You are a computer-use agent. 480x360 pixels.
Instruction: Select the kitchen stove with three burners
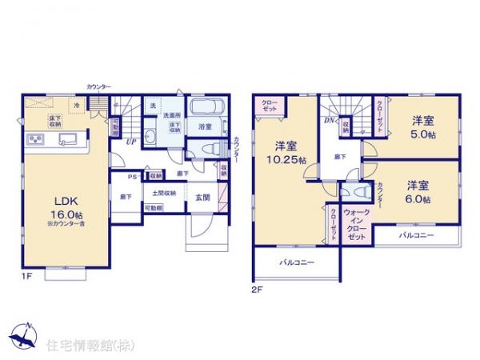(37, 141)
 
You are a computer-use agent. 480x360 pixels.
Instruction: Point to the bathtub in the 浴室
(206, 106)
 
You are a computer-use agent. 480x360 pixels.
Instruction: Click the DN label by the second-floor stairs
(329, 120)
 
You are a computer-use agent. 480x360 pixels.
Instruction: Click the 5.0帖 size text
(423, 135)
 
